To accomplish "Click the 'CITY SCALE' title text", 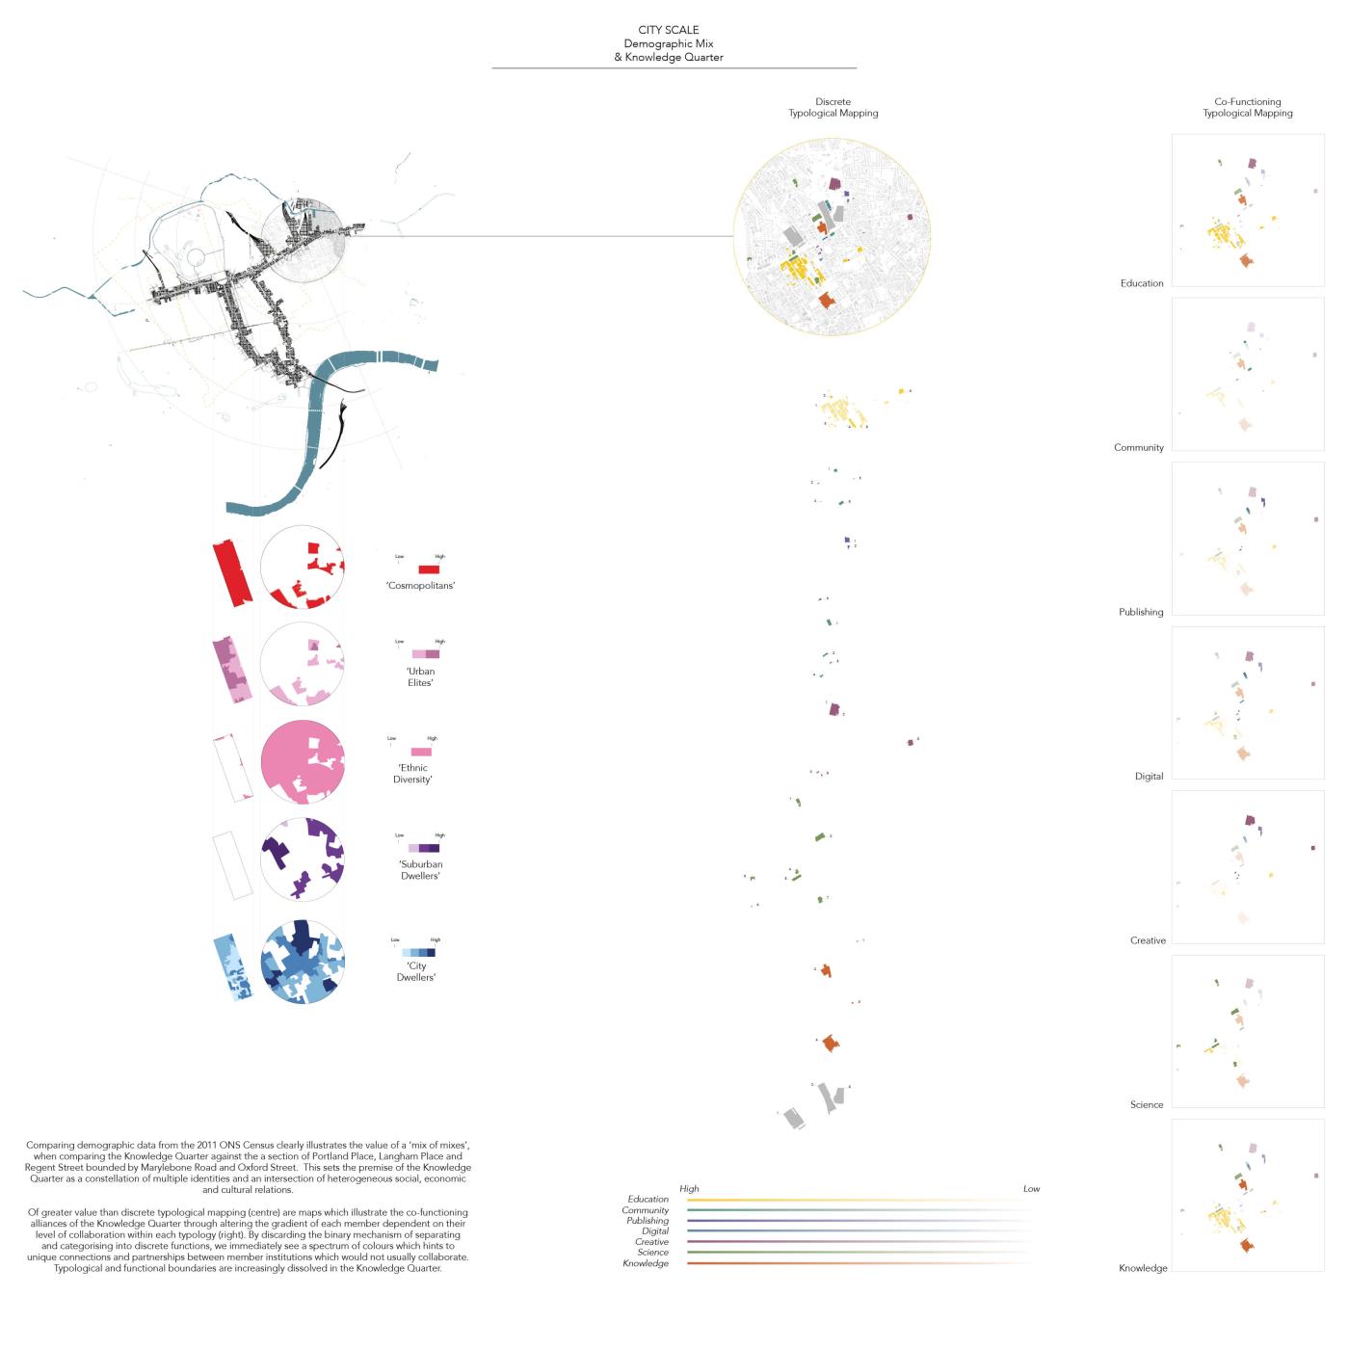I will (x=668, y=30).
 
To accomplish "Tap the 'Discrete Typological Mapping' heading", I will (x=833, y=107).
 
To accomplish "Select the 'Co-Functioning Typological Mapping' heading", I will (x=1247, y=107).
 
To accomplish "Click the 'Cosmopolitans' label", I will (x=420, y=586).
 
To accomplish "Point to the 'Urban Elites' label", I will (x=421, y=676).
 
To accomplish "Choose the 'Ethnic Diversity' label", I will (x=412, y=774).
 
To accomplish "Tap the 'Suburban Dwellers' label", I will (x=421, y=870).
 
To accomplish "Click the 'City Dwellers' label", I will (x=416, y=971).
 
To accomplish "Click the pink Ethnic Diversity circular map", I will (x=303, y=762).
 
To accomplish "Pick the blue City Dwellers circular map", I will (x=303, y=963).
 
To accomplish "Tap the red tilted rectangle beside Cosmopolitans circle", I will (x=232, y=572).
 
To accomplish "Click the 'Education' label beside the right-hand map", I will (x=1142, y=283).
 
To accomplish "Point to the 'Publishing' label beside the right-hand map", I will (x=1141, y=612).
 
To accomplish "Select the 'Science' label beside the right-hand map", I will (x=1147, y=1104).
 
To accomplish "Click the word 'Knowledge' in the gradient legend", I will (x=646, y=1263).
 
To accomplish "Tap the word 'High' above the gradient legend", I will (x=689, y=1189).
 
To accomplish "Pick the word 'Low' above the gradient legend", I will (x=1031, y=1189).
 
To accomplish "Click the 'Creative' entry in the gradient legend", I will (x=651, y=1242).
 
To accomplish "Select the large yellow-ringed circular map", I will (x=833, y=237).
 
